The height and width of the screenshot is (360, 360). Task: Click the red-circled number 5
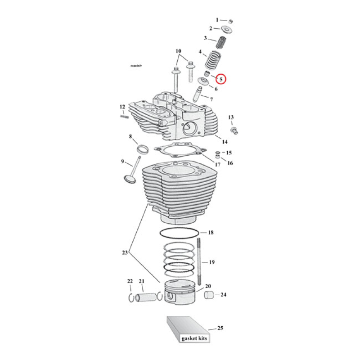coord(221,79)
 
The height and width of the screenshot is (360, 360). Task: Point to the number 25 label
coord(220,328)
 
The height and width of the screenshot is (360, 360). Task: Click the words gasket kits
coord(194,338)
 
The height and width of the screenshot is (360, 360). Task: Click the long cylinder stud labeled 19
coord(198,261)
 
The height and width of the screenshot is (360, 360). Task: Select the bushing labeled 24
coord(209,296)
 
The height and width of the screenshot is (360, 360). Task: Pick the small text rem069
coord(136,66)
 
